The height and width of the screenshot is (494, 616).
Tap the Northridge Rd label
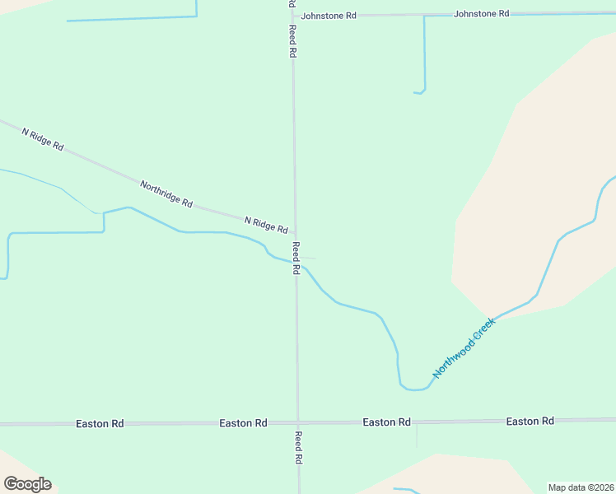click(x=166, y=193)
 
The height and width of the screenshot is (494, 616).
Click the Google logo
click(x=27, y=483)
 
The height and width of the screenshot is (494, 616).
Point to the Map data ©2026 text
click(x=581, y=487)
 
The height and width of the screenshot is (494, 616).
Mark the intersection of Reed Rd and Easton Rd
click(x=298, y=422)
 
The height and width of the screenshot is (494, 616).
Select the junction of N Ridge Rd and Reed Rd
click(x=295, y=234)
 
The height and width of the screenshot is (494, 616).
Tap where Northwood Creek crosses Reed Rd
click(x=296, y=263)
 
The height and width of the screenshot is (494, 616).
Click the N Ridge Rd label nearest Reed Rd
click(x=265, y=224)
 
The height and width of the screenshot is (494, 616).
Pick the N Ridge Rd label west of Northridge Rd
click(x=42, y=139)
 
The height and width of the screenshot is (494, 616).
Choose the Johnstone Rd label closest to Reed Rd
click(x=329, y=16)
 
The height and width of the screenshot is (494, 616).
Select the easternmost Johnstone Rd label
click(x=481, y=14)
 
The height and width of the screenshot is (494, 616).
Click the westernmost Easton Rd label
click(x=100, y=423)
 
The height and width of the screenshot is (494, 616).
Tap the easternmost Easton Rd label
click(x=530, y=422)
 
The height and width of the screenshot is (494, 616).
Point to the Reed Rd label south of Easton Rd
click(x=298, y=448)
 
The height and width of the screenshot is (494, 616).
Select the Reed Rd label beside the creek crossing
click(x=296, y=258)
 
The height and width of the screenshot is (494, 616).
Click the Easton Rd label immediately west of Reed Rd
click(x=243, y=422)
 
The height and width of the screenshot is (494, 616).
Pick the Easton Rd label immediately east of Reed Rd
click(x=386, y=422)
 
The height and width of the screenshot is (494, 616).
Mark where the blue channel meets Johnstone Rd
click(x=424, y=15)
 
